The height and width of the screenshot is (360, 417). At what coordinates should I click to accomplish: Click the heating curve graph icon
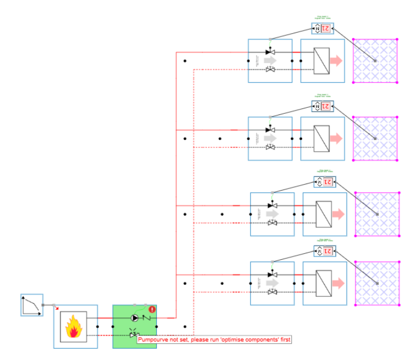pos(32,305)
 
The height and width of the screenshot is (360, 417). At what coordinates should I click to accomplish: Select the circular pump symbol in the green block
pos(134,317)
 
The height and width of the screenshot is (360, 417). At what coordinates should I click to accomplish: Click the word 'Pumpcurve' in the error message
pos(152,340)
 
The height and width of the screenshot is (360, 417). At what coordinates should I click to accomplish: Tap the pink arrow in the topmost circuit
pos(336,60)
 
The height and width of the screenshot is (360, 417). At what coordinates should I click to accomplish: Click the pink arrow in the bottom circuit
pos(338,283)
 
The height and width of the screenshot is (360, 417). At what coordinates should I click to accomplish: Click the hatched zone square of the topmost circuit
pos(375,60)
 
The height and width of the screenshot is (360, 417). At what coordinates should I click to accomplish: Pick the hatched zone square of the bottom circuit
pos(377,283)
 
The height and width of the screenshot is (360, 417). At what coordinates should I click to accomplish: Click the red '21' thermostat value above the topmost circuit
pos(326,28)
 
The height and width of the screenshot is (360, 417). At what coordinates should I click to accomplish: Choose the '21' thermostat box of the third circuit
pos(327,181)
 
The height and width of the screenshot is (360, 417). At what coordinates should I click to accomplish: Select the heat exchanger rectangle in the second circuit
pos(322,138)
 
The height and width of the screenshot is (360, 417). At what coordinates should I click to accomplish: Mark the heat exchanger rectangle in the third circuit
pos(324,214)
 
